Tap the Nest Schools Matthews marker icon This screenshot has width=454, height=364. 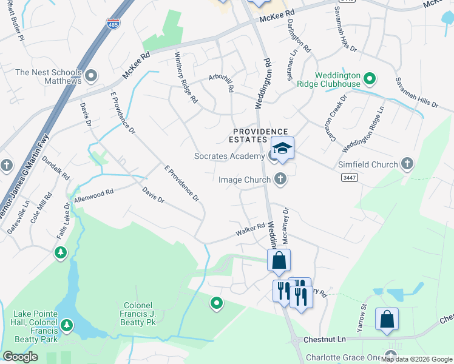point(92,76)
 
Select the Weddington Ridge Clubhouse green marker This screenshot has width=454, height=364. point(370,78)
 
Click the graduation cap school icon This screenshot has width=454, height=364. point(282,147)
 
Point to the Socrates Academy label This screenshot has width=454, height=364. point(229,156)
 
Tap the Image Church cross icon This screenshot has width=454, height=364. point(280,178)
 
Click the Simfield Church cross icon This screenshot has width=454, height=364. point(407,164)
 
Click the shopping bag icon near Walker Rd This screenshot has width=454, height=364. point(279,260)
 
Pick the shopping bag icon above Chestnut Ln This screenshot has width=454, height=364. point(387,320)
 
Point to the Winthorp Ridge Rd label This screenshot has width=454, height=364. point(186,77)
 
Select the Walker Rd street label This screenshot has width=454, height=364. point(251,230)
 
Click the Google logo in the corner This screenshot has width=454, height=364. point(20,357)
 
